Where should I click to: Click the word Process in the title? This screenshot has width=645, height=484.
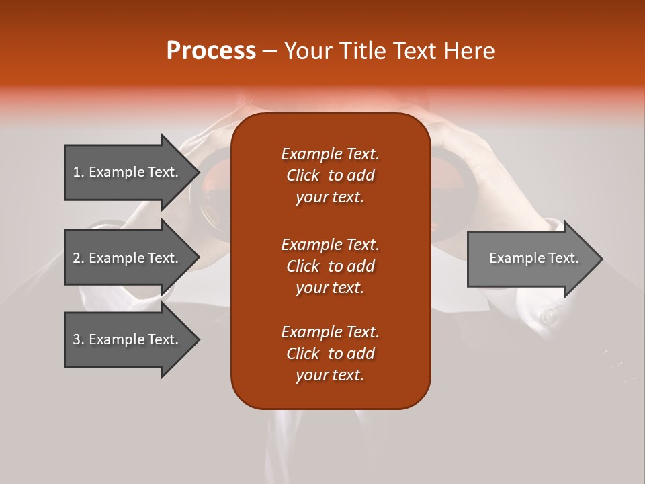point(211,51)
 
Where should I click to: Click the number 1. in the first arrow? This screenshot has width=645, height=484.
point(78,172)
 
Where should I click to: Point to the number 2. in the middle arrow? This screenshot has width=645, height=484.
point(78,258)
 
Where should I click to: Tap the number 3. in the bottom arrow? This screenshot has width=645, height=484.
point(78,339)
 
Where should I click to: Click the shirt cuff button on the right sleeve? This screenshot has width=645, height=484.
point(550,315)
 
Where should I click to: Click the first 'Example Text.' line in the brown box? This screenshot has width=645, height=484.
point(330,154)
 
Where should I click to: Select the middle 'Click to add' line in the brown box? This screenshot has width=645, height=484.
point(330,266)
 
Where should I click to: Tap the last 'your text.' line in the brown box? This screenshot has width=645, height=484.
point(330,376)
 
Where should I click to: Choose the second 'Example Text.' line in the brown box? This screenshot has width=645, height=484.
point(330,244)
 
